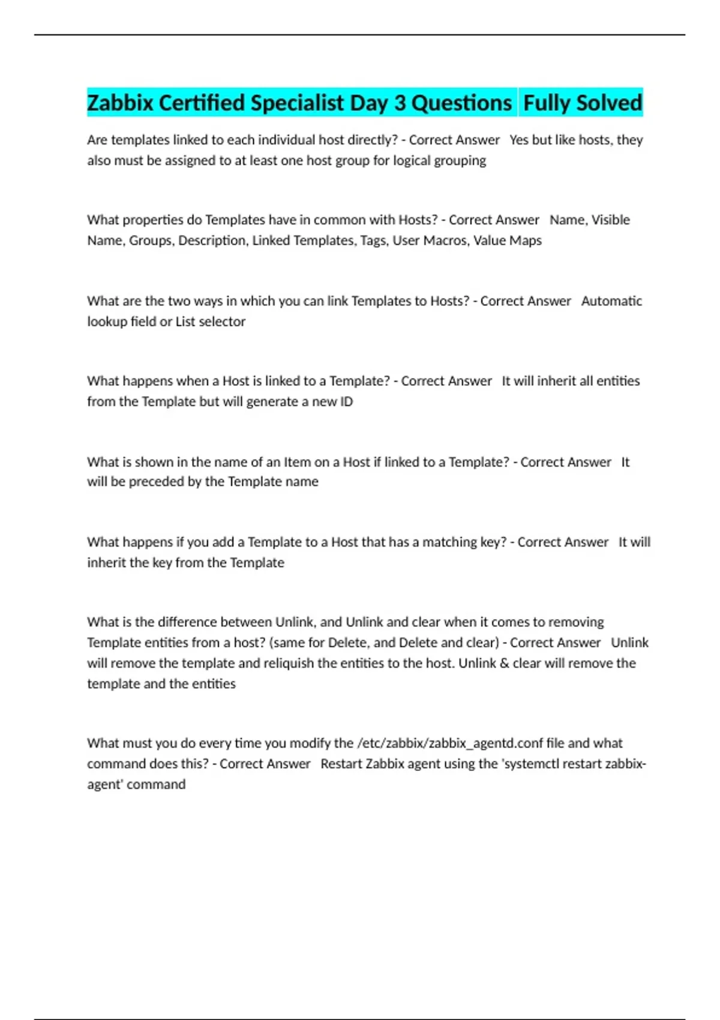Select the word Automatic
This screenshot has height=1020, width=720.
click(x=611, y=301)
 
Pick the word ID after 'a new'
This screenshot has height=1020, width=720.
click(x=347, y=401)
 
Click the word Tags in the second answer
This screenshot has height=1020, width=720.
click(x=373, y=241)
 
